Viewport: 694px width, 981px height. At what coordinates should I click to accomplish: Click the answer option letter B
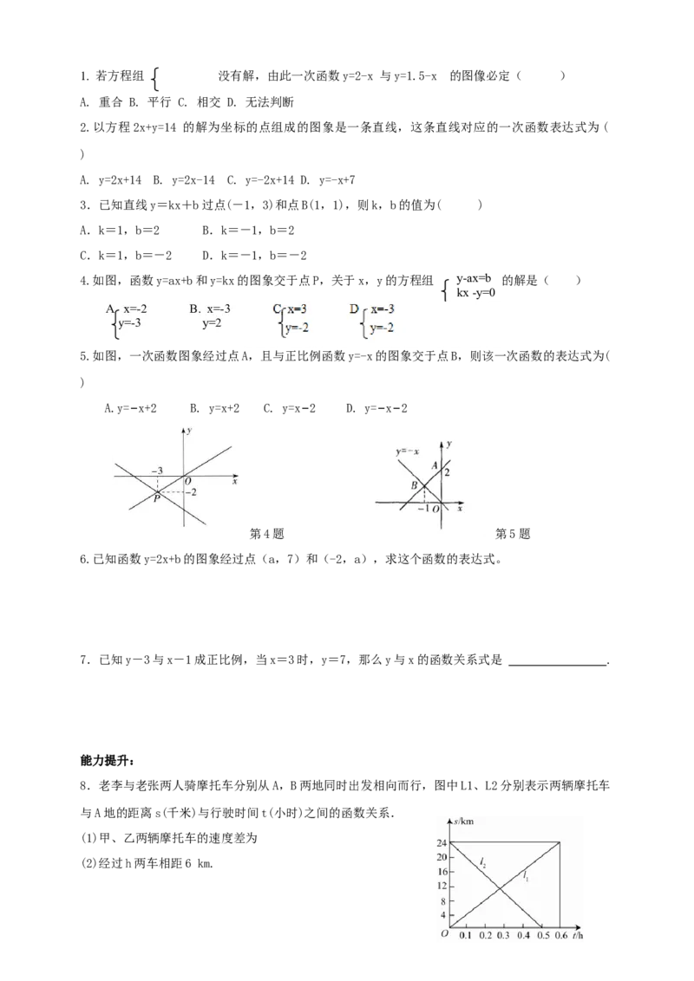(193, 308)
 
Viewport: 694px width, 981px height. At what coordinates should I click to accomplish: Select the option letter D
(354, 309)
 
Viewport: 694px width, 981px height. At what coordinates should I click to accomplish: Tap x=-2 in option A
(140, 308)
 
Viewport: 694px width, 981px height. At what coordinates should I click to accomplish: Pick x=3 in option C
(297, 309)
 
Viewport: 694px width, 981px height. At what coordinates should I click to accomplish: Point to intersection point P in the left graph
(156, 498)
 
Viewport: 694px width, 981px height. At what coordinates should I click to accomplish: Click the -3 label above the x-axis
(157, 471)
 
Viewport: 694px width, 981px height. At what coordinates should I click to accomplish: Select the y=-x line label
(406, 452)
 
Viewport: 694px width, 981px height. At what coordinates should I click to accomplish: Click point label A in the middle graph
(435, 465)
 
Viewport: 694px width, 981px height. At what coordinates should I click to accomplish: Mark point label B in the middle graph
(415, 485)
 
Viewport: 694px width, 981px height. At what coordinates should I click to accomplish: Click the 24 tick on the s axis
(442, 842)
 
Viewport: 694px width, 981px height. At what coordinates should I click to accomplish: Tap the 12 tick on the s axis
(442, 886)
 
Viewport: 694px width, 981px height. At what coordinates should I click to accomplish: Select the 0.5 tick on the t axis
(541, 937)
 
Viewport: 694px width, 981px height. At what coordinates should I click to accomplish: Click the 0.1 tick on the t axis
(465, 937)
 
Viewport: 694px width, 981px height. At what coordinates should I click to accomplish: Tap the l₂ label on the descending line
(482, 862)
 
